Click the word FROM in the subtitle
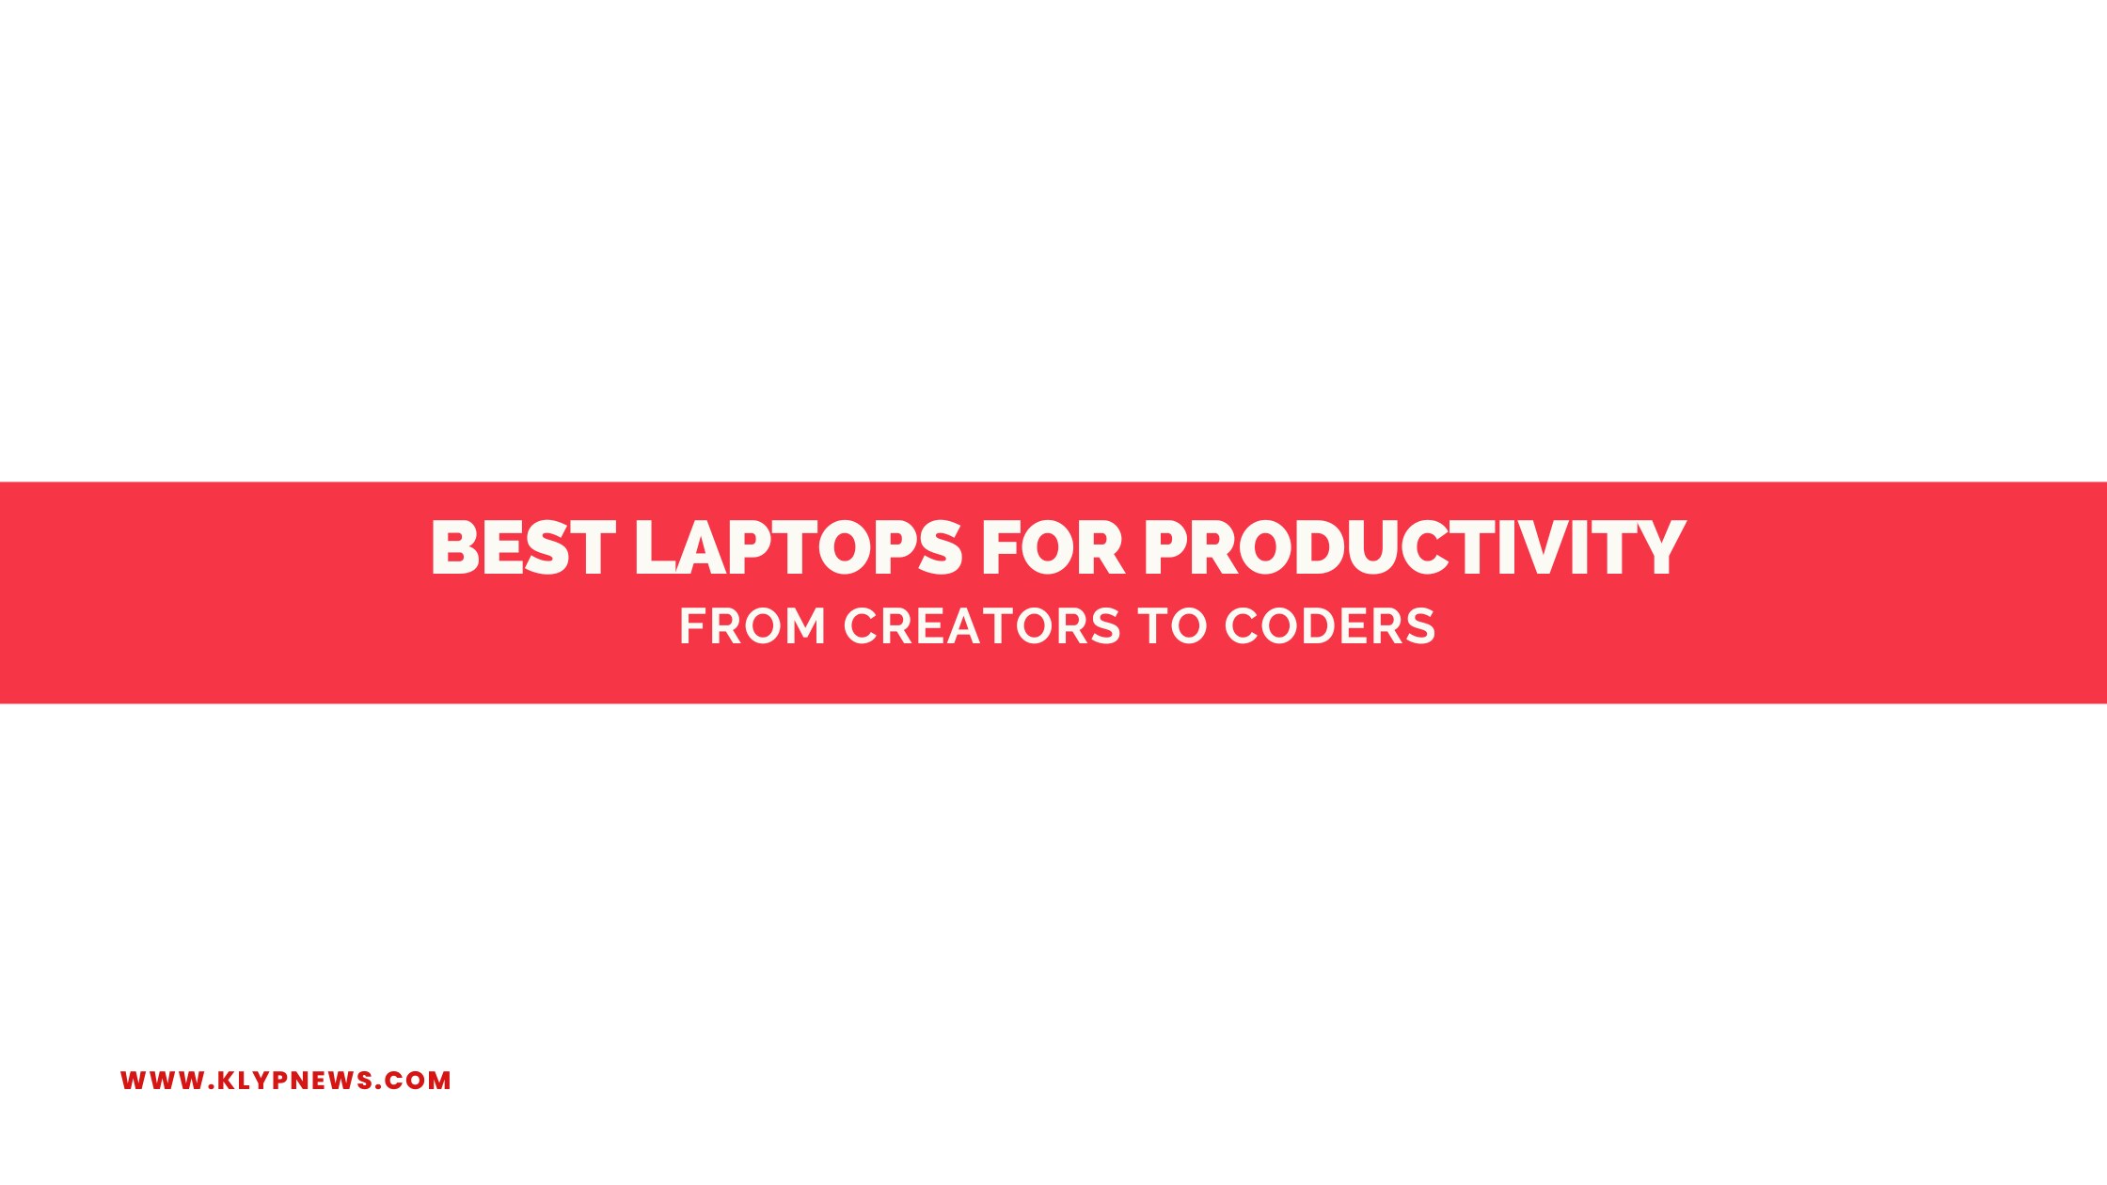coord(752,626)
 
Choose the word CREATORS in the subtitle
coord(982,626)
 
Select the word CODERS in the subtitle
coord(1330,626)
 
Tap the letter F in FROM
coord(692,626)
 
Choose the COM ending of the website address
coord(417,1081)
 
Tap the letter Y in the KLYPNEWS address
coord(268,1081)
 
